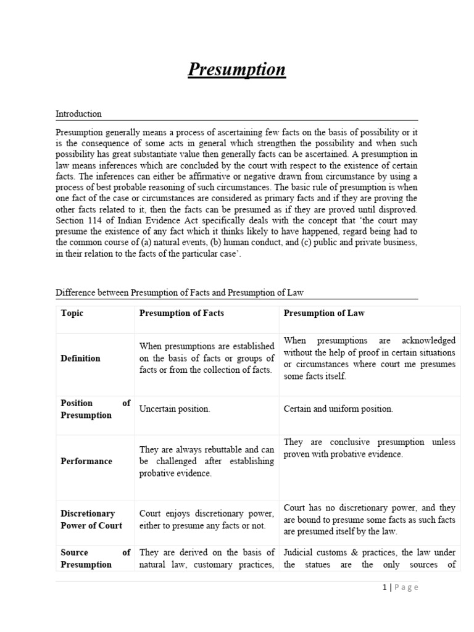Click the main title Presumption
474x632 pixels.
pyautogui.click(x=236, y=69)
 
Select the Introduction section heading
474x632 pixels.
pyautogui.click(x=78, y=114)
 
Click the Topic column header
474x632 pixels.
pyautogui.click(x=72, y=314)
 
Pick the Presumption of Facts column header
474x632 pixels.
pyautogui.click(x=181, y=314)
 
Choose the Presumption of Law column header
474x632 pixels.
pyautogui.click(x=324, y=314)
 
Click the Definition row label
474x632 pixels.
pyautogui.click(x=80, y=359)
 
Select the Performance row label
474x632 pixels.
pyautogui.click(x=86, y=461)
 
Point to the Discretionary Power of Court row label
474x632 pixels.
pyautogui.click(x=91, y=520)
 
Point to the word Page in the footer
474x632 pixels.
pyautogui.click(x=405, y=588)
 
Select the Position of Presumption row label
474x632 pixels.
pyautogui.click(x=95, y=409)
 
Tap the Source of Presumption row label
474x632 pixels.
pyautogui.click(x=95, y=559)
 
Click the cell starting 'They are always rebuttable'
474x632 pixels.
pyautogui.click(x=207, y=462)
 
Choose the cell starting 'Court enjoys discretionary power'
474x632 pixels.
pyautogui.click(x=207, y=520)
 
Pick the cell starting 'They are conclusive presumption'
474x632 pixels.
pyautogui.click(x=369, y=449)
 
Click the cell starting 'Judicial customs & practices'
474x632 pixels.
pyautogui.click(x=369, y=559)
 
